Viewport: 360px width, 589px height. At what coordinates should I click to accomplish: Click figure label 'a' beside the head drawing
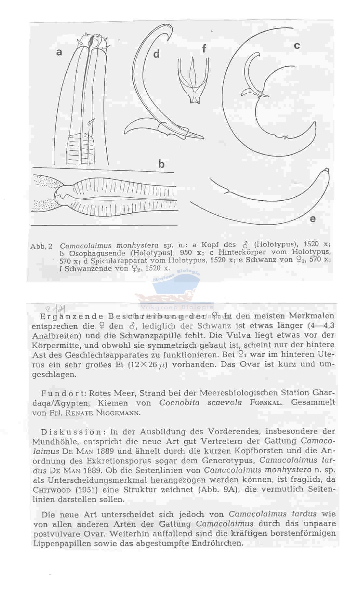pyautogui.click(x=59, y=52)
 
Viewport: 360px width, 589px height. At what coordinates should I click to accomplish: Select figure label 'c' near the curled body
pyautogui.click(x=297, y=46)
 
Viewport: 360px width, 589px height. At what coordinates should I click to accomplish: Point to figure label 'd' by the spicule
pyautogui.click(x=156, y=54)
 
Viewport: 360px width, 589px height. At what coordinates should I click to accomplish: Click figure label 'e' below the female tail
pyautogui.click(x=313, y=219)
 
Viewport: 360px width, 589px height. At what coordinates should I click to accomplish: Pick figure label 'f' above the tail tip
pyautogui.click(x=204, y=48)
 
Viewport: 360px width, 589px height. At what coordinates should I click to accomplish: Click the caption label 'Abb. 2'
pyautogui.click(x=41, y=246)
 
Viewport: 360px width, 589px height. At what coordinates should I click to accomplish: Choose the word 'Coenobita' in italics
pyautogui.click(x=179, y=403)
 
